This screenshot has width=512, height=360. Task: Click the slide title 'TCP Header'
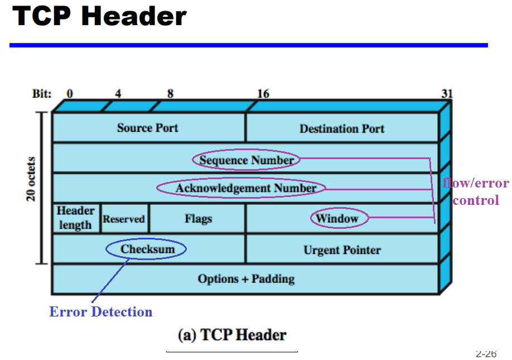point(99,16)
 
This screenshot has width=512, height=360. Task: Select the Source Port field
point(148,128)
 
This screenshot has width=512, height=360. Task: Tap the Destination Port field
point(342,128)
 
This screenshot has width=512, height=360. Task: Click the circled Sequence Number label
point(247,160)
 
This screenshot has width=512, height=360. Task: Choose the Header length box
point(76,218)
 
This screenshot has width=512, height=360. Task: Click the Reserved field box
point(124,219)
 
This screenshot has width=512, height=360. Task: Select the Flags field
point(198,218)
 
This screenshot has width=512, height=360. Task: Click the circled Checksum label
point(146,249)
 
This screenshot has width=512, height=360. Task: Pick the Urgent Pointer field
point(342,249)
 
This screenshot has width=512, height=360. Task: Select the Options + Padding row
point(246,279)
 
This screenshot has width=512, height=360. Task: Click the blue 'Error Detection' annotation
point(101,311)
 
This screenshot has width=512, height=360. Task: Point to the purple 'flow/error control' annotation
point(476,191)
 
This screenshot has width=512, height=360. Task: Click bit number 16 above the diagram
point(263,94)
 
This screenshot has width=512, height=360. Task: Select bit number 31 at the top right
point(447,94)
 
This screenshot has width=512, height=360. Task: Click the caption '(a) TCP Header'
point(232,335)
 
